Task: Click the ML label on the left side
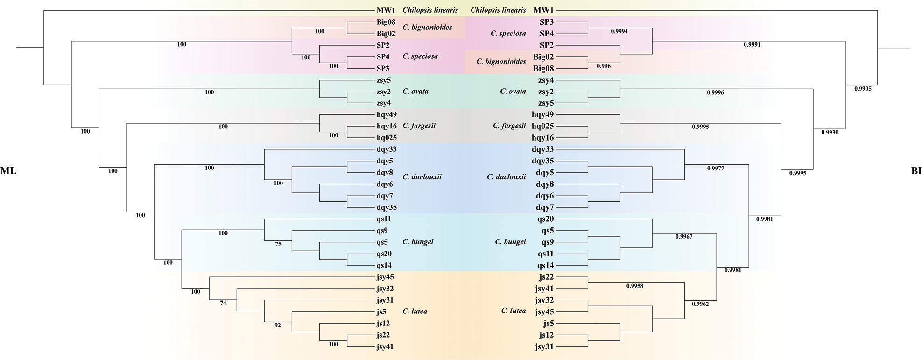point(8,171)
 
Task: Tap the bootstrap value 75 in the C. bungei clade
point(278,244)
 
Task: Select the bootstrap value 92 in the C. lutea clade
point(277,325)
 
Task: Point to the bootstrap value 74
point(223,303)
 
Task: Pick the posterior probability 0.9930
point(830,133)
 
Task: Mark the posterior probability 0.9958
point(635,286)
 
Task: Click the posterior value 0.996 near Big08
point(604,66)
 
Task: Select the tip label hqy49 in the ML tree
point(387,114)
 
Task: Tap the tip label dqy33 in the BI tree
point(542,149)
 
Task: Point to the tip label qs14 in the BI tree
point(545,265)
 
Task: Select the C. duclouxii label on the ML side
point(422,177)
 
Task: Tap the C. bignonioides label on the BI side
point(500,62)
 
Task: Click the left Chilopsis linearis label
point(430,10)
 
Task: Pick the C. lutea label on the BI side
point(513,311)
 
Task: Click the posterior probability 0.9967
point(684,237)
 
